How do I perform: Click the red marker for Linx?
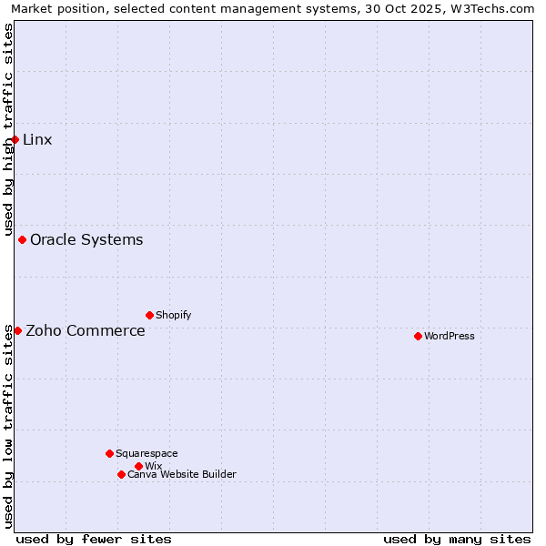tap(15, 139)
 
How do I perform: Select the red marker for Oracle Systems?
tap(23, 239)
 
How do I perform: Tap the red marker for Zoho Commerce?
tap(17, 330)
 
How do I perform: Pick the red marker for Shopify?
tap(149, 315)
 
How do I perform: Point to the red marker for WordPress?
tap(418, 336)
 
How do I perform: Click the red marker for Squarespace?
tap(109, 453)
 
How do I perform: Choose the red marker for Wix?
tap(138, 466)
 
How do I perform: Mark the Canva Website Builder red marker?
tap(121, 474)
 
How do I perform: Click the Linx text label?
tap(37, 139)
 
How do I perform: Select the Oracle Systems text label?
tap(86, 239)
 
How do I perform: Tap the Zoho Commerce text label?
tap(86, 330)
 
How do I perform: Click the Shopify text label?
tap(173, 315)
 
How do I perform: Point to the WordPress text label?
tap(450, 336)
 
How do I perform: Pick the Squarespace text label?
tap(147, 453)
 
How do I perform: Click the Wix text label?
tap(153, 466)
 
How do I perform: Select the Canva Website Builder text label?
tap(182, 474)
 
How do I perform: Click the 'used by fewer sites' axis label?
tap(94, 539)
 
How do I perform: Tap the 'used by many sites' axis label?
tap(457, 539)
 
